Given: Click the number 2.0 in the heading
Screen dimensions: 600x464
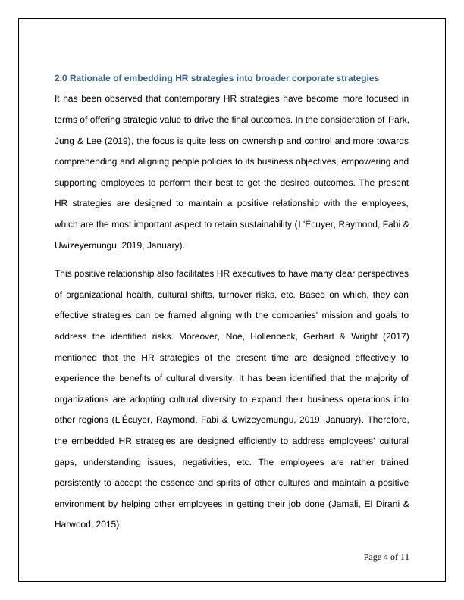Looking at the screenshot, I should point(61,78).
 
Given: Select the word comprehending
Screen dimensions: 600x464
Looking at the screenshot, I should point(89,161).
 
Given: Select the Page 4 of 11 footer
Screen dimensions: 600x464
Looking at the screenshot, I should point(387,557).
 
